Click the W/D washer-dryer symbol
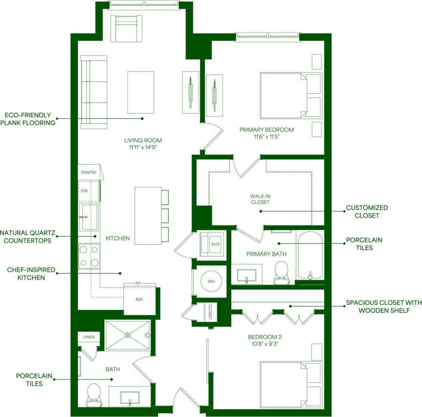coord(213,245)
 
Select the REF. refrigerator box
coord(139,298)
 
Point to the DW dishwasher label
coord(84,190)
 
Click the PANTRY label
coord(88,172)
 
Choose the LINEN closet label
coord(89,337)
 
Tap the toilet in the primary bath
coord(281,272)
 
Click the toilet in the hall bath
coord(93,394)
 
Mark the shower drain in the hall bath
coord(128,335)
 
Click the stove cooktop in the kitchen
coord(89,256)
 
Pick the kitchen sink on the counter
coord(89,217)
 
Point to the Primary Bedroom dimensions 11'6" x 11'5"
coord(266,137)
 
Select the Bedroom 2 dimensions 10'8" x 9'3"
coord(265,344)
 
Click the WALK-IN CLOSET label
coord(260,199)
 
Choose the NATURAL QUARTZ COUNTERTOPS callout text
coord(27,236)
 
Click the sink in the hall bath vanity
coord(130,397)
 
